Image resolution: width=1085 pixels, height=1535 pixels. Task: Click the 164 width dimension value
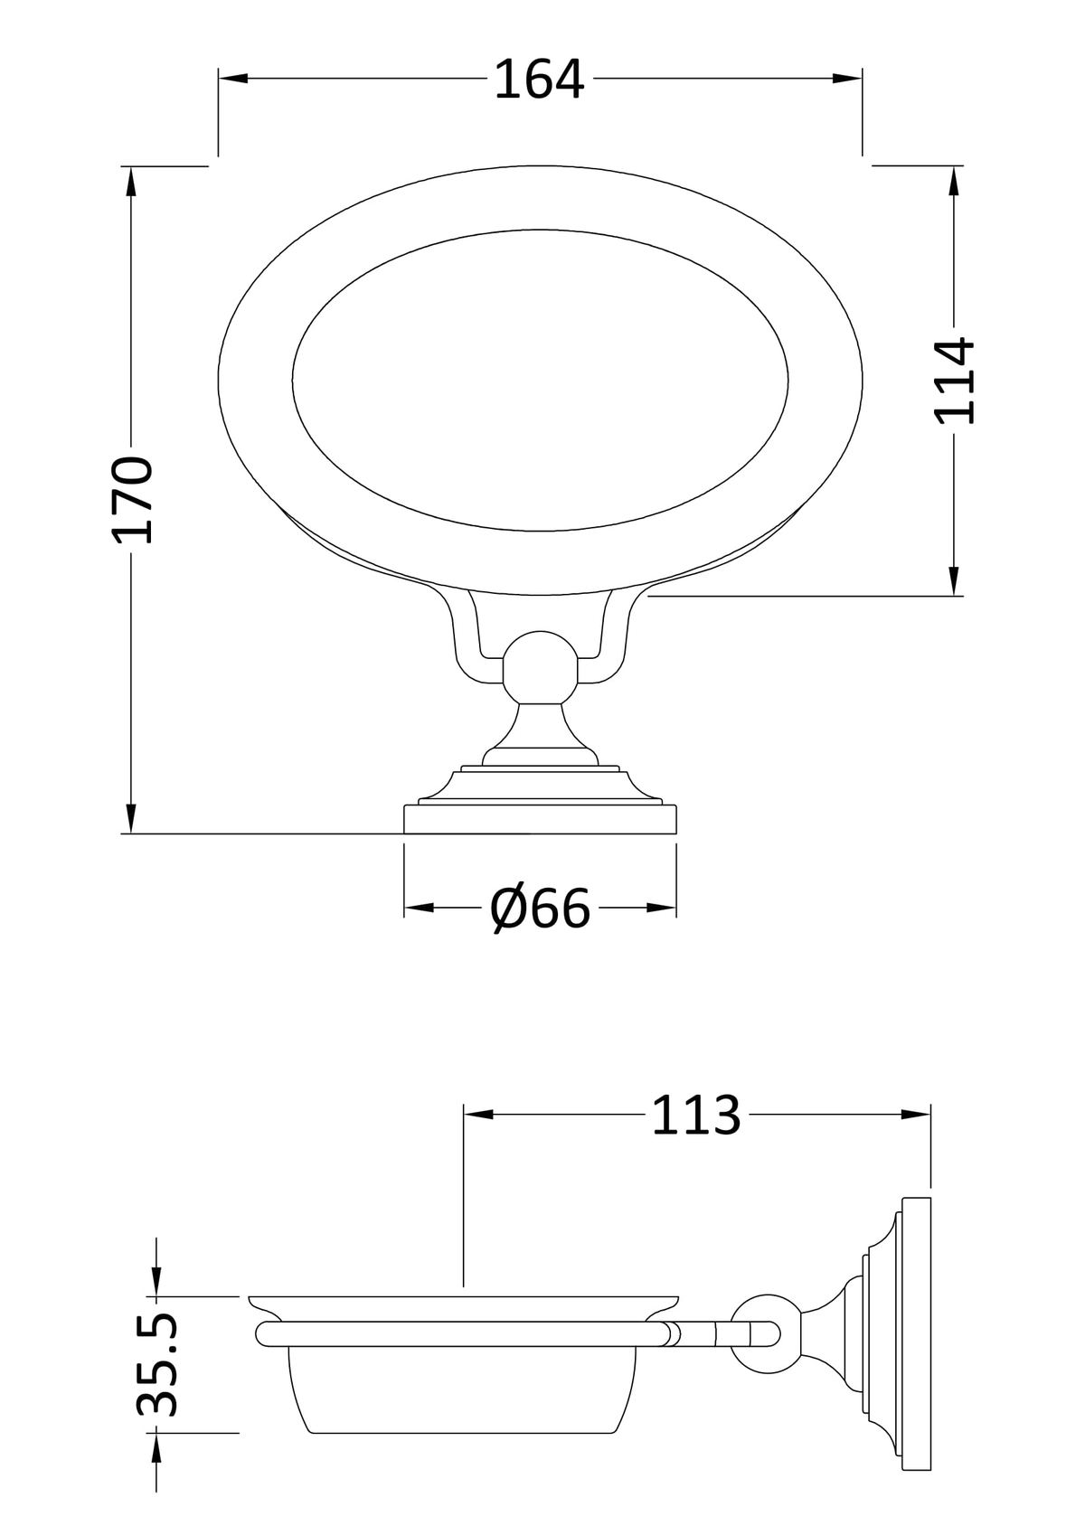click(x=540, y=80)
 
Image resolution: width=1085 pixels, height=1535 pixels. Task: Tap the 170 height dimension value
click(x=132, y=499)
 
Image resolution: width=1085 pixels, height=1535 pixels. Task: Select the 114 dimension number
click(x=954, y=381)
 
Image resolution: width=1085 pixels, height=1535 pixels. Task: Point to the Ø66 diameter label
click(x=540, y=909)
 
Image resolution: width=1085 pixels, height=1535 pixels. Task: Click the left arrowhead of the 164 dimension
click(x=232, y=79)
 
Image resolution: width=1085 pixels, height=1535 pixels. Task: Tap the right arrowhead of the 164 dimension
click(x=848, y=79)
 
